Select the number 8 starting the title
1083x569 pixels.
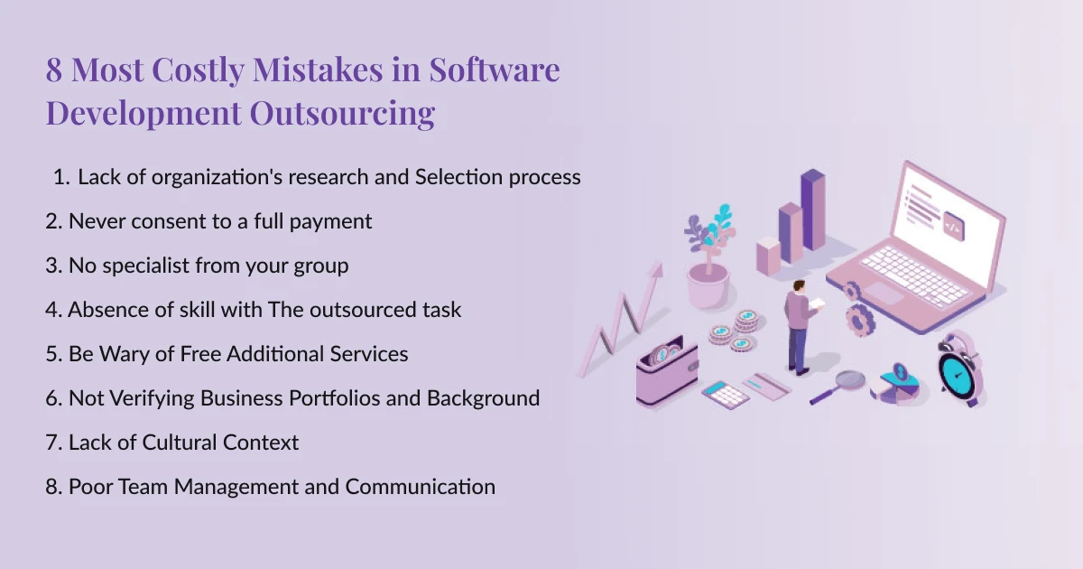tap(54, 70)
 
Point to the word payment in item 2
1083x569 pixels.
tap(333, 221)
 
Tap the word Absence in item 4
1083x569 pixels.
tap(104, 310)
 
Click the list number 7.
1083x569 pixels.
tap(52, 443)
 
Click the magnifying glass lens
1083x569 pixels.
tap(850, 378)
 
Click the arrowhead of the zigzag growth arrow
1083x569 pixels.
tap(655, 269)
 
